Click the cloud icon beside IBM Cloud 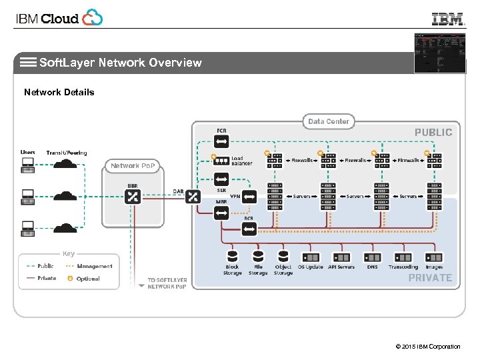(93, 18)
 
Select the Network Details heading (59, 92)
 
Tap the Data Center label (329, 121)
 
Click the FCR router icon (221, 141)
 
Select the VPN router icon (249, 197)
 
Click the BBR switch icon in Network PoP (133, 196)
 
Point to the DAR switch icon (193, 196)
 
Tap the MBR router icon (221, 213)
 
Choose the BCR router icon (249, 229)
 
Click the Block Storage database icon (233, 257)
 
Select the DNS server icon (372, 257)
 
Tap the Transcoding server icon (403, 257)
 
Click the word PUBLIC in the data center (433, 132)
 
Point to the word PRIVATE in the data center (430, 277)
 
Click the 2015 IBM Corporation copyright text (427, 346)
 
